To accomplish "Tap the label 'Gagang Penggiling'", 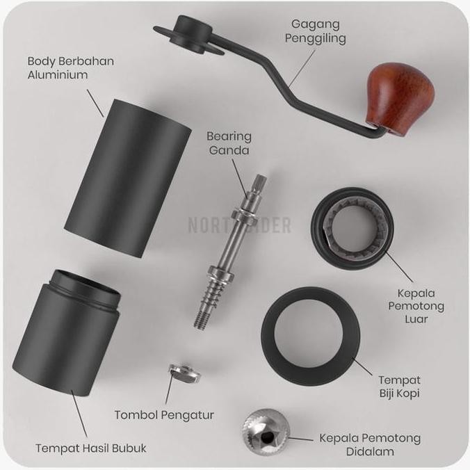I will pyautogui.click(x=315, y=31).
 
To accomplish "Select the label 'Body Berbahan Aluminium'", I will pyautogui.click(x=70, y=67).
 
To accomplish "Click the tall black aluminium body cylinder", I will pyautogui.click(x=128, y=175).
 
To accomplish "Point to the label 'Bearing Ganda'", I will pyautogui.click(x=229, y=143).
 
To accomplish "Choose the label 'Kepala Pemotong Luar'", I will pyautogui.click(x=421, y=306).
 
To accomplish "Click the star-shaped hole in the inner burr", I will pyautogui.click(x=268, y=439).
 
